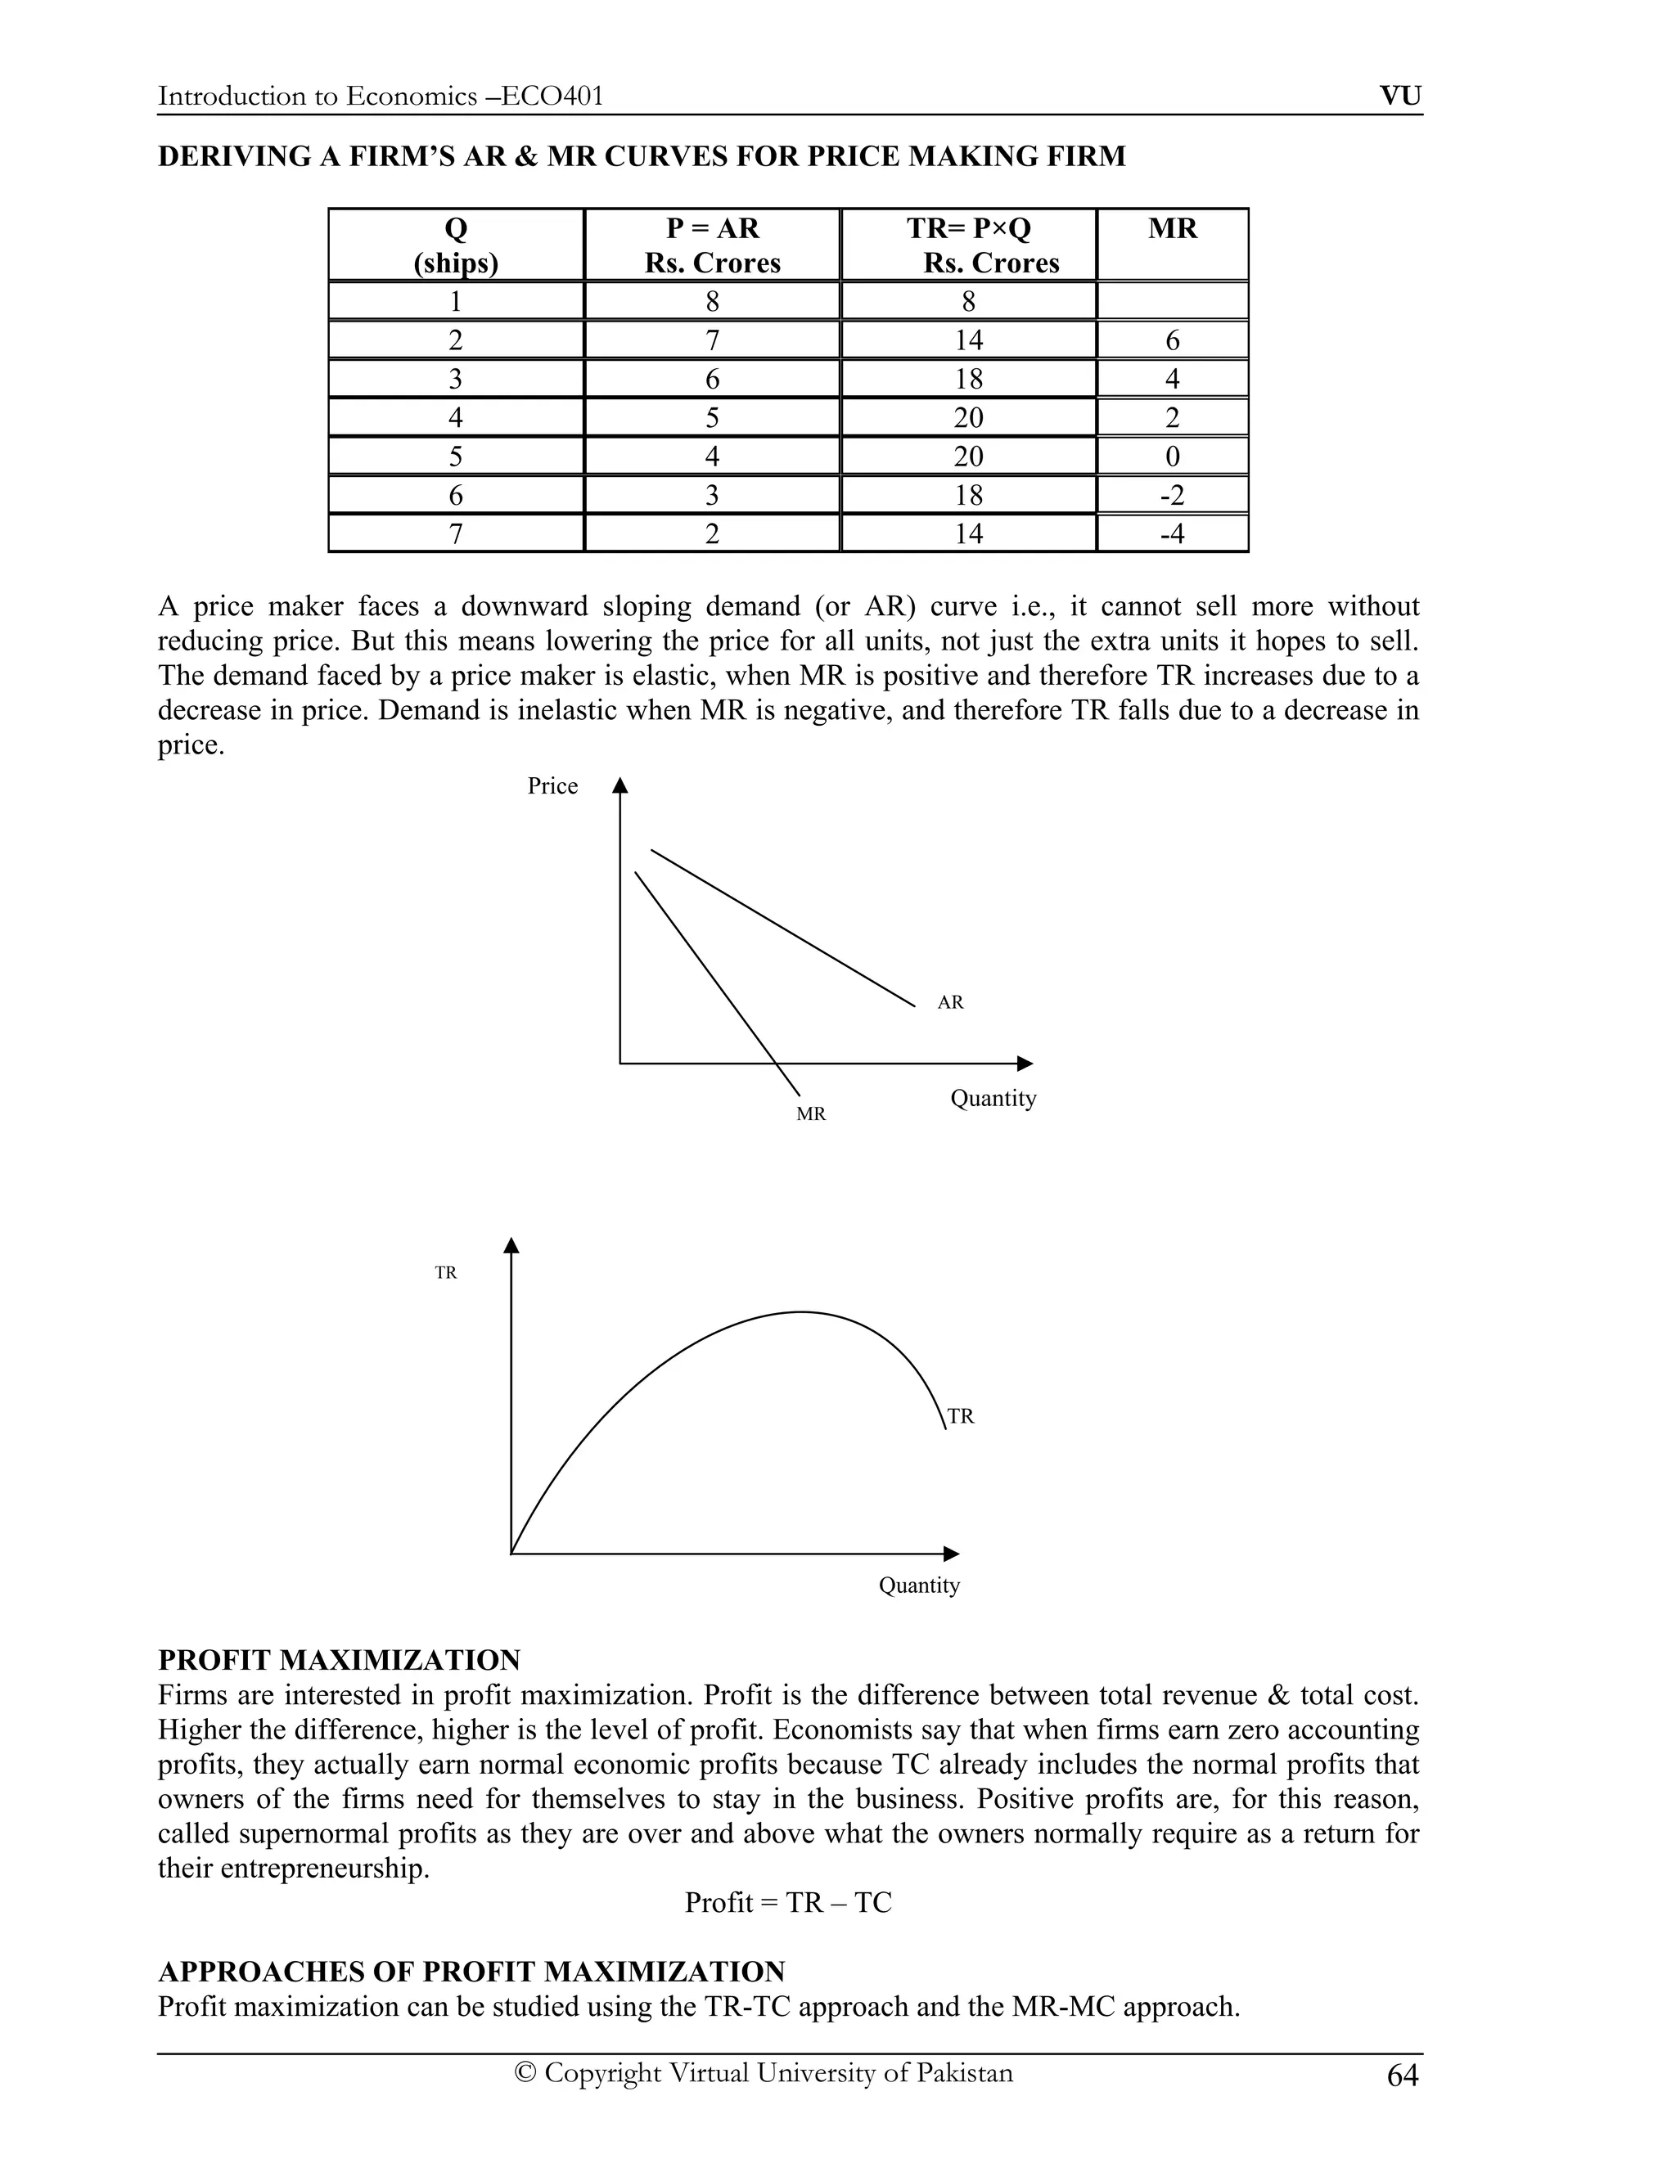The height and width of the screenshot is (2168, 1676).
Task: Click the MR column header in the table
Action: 1172,229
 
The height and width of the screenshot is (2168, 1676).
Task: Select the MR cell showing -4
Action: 1172,534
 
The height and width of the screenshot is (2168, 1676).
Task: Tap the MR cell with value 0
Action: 1172,457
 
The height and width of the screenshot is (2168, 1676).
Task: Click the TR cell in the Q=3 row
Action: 968,380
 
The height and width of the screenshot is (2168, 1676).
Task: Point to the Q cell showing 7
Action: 456,534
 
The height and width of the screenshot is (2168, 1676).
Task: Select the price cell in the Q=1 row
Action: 712,302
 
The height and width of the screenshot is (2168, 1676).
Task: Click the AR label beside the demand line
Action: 950,1003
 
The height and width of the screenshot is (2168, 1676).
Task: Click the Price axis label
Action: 552,786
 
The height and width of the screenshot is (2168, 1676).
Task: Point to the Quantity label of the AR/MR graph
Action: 993,1098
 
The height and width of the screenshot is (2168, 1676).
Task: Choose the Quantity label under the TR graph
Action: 918,1586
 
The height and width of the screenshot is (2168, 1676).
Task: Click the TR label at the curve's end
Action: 960,1416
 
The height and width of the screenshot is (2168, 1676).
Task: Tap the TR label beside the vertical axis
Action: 446,1273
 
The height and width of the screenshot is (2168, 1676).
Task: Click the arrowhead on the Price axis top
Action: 620,785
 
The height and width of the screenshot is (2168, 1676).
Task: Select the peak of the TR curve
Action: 802,1312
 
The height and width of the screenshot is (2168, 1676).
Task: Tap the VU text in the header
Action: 1400,97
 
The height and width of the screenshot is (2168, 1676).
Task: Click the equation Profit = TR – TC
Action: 788,1902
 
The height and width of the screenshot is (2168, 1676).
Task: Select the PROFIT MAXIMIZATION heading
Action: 340,1660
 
